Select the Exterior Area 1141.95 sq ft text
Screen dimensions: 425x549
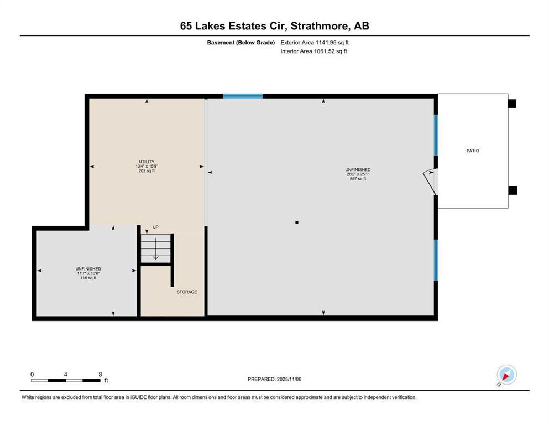click(315, 42)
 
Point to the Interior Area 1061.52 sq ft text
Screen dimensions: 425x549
click(313, 51)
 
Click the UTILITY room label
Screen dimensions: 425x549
click(147, 162)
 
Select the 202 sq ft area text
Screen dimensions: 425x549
click(147, 171)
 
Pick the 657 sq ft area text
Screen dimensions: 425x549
click(358, 179)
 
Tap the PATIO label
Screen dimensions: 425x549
click(472, 151)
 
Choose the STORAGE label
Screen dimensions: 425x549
click(186, 292)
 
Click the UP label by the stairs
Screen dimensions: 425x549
click(155, 227)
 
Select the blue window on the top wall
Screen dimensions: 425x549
click(243, 96)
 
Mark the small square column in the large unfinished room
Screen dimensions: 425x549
click(297, 222)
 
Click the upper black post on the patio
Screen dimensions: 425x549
click(512, 103)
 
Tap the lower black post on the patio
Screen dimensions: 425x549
click(513, 190)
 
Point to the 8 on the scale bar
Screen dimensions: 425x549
click(100, 375)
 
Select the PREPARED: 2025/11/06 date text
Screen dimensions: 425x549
click(274, 379)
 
